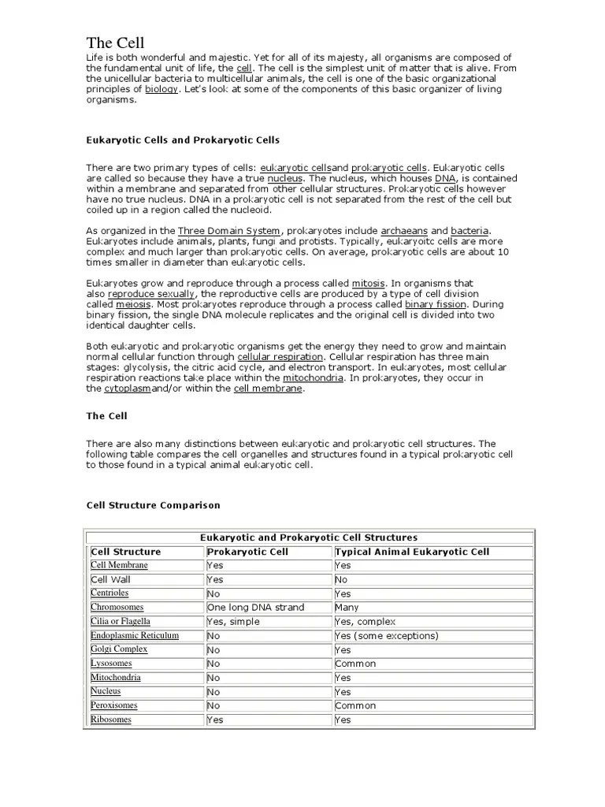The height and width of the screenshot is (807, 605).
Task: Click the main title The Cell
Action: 115,43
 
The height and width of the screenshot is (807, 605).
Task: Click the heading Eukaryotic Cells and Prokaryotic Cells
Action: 183,139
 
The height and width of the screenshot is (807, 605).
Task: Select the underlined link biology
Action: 161,90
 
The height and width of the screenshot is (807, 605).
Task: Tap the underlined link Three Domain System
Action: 217,230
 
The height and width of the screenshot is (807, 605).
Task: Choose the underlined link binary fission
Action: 436,303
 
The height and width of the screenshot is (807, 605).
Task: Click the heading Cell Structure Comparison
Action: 153,504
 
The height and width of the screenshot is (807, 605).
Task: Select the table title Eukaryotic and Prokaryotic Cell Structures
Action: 309,537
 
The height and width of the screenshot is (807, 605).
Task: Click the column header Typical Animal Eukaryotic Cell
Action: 412,552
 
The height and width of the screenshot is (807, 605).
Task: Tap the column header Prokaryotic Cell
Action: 243,552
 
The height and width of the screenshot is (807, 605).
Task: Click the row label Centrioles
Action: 109,593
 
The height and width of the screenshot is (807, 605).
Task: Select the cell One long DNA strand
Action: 255,608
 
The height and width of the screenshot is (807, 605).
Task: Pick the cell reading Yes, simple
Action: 232,622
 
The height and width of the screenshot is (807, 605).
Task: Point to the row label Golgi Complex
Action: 119,649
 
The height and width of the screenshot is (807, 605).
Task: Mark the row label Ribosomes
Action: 111,720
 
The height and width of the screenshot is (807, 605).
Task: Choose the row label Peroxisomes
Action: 114,705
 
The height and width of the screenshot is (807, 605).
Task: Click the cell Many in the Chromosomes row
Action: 347,608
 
